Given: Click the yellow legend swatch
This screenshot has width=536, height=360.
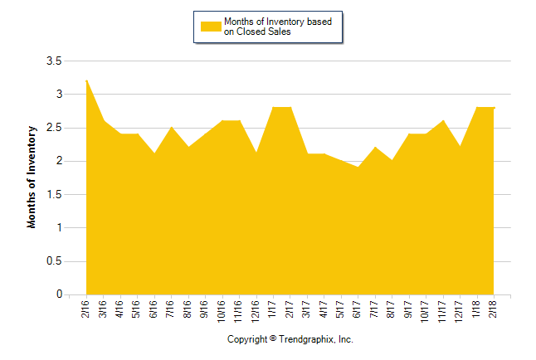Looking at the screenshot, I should (212, 26).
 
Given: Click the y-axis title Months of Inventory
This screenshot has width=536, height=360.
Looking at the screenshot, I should (33, 177).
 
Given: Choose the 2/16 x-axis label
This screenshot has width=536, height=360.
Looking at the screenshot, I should (86, 308).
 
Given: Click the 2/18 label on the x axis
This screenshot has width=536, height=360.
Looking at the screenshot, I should (494, 308).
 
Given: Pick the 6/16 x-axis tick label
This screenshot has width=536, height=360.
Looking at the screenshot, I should (154, 308).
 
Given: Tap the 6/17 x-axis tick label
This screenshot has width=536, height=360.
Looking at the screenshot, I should (358, 308).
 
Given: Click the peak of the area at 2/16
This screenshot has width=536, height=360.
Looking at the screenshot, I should (86, 80).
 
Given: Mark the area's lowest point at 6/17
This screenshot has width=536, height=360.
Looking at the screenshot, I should (358, 168).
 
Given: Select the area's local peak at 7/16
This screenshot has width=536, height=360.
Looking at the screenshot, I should (172, 127).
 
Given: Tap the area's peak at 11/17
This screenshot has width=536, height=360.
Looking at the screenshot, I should (443, 120).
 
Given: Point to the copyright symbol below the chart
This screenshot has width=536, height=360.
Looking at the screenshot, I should (273, 339).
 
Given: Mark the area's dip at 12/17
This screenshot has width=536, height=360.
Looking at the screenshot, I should (460, 147).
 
